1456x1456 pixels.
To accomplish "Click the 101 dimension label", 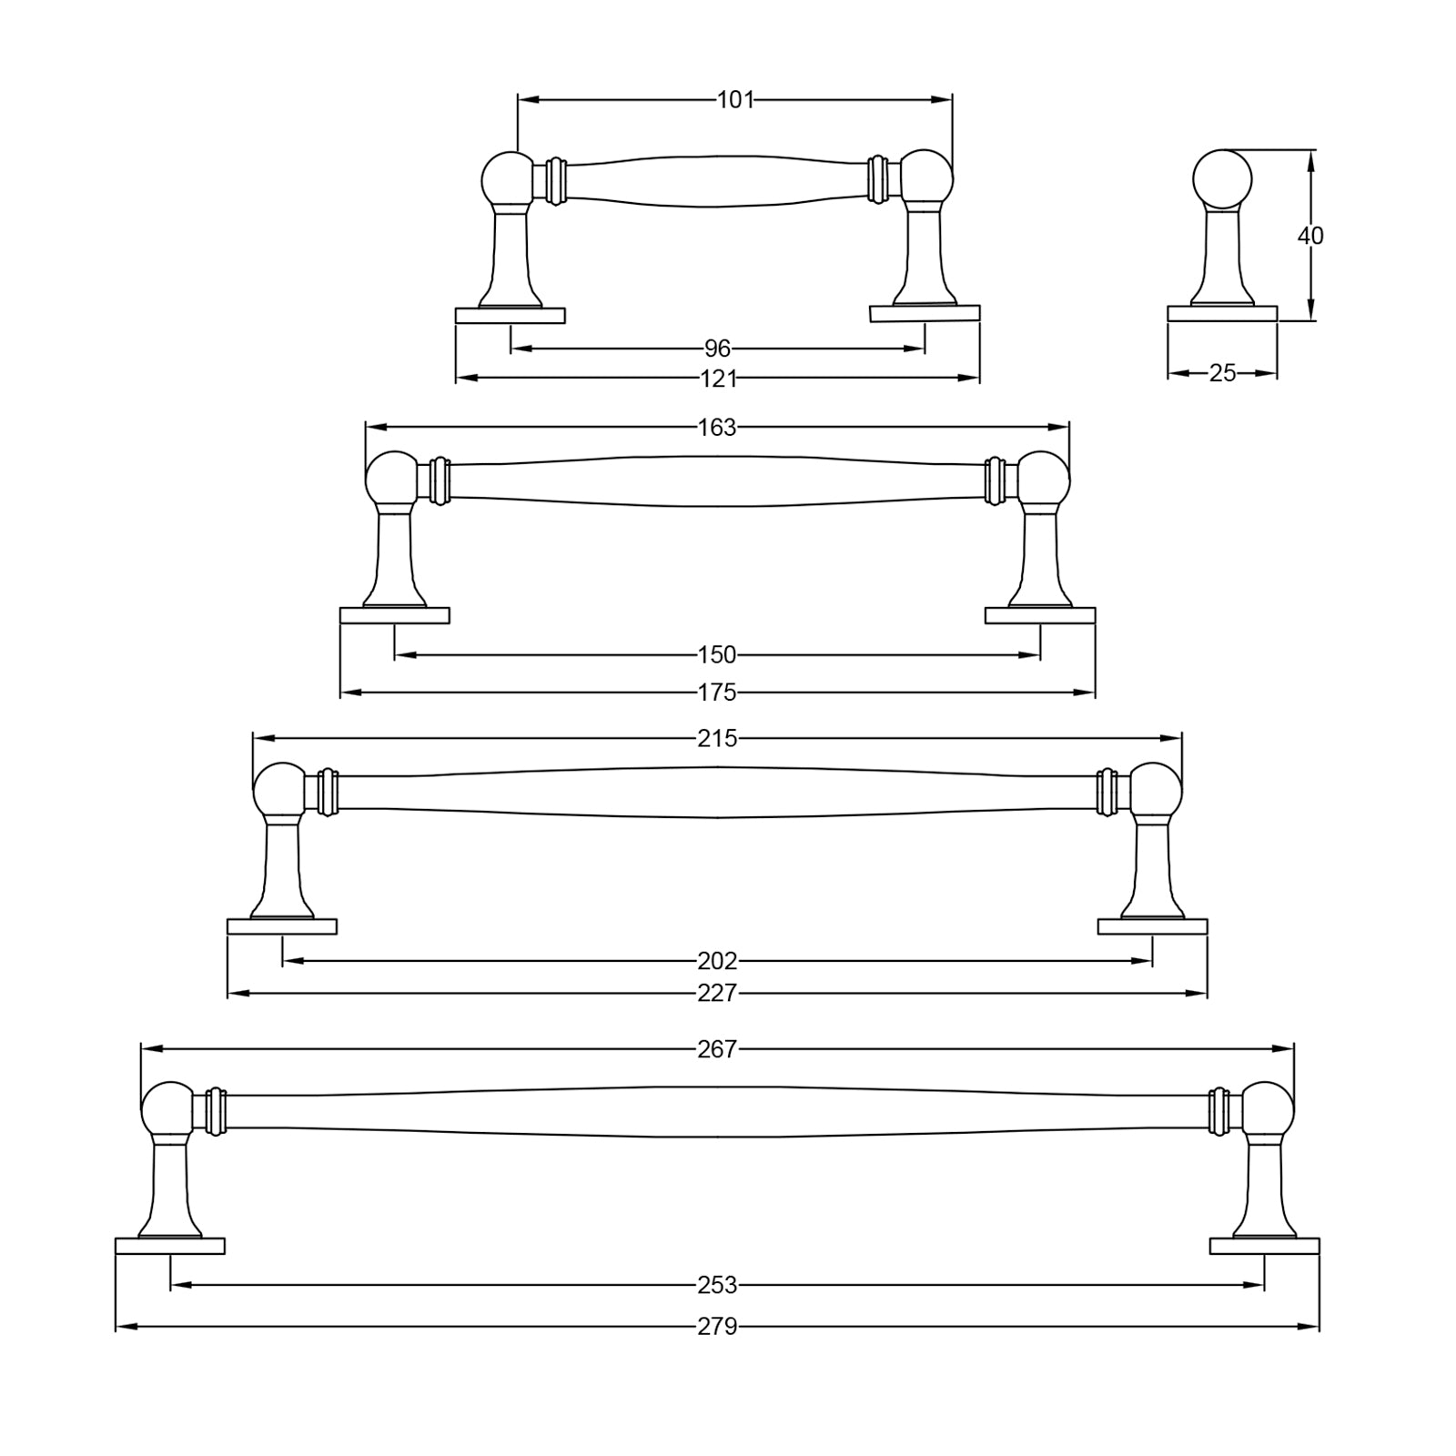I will click(735, 99).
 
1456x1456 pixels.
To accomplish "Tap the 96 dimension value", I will click(718, 349).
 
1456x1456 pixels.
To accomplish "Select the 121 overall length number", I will click(718, 379).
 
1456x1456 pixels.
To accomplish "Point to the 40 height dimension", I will click(1310, 236).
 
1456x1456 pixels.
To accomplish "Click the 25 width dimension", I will click(1223, 373).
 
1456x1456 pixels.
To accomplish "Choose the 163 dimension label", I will click(717, 428).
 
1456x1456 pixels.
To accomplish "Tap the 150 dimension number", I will click(717, 655).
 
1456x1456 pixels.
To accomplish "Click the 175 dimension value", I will click(717, 693).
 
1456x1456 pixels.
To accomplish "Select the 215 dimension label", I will click(717, 739).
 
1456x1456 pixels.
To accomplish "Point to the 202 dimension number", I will click(717, 961).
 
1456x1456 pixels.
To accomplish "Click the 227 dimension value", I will click(717, 994).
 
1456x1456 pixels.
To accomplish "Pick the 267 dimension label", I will click(717, 1050).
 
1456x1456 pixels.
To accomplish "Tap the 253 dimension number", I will click(717, 1286).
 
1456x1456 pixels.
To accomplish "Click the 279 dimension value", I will click(717, 1328).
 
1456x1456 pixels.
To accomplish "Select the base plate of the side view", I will click(1222, 314).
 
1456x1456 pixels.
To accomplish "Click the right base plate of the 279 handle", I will click(1264, 1247).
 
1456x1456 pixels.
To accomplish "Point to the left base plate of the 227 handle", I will click(282, 927).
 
